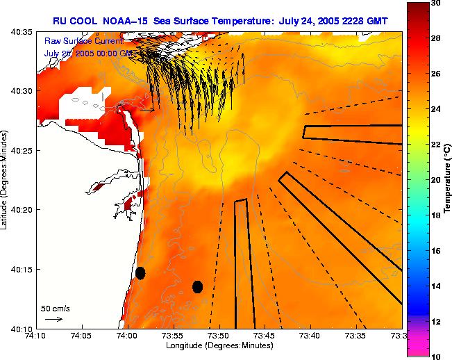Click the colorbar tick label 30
tap(436, 3)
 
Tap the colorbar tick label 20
tap(436, 179)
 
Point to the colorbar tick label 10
tap(436, 356)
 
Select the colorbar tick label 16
tap(436, 250)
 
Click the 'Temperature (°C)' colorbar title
tap(448, 179)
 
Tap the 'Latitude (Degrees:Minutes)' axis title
tap(6, 179)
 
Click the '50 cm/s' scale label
tap(55, 308)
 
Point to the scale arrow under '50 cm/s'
tap(53, 319)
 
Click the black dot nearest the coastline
tap(140, 272)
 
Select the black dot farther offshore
tap(197, 286)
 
